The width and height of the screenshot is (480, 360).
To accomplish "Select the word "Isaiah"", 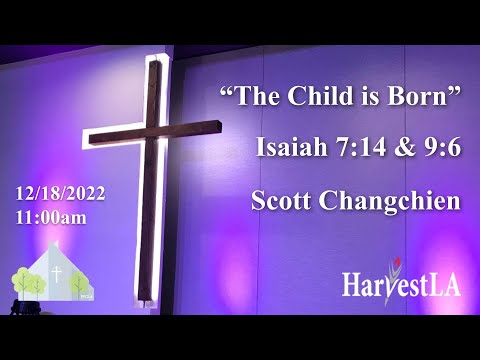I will [x=289, y=151].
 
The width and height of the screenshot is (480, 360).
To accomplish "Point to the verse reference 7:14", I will [x=356, y=151].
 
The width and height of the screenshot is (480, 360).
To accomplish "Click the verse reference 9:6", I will [x=440, y=151].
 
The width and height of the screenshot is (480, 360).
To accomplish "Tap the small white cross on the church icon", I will [x=57, y=273].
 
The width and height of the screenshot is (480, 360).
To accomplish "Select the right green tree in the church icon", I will [x=79, y=283].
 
